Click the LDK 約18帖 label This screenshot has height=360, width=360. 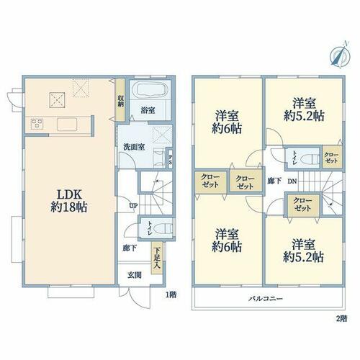point(69,201)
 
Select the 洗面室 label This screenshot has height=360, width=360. point(134,147)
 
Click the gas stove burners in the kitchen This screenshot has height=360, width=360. point(37,124)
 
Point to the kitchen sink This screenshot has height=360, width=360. point(67,125)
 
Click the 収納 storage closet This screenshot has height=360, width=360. point(120,99)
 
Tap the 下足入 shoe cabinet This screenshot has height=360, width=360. point(157,258)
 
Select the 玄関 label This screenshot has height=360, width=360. point(134,275)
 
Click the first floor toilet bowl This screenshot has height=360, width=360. point(163,229)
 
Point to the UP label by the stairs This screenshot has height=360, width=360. point(133,205)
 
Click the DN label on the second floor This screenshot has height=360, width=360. point(292,181)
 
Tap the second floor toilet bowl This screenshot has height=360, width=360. point(310,159)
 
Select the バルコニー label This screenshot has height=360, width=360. point(266,299)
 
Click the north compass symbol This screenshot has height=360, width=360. point(340,55)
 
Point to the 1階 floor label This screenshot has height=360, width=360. point(171,294)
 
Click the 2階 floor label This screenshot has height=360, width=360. point(341,319)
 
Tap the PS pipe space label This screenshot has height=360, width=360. point(171,159)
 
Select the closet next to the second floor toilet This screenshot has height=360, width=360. point(331,157)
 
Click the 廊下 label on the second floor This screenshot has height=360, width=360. point(274,181)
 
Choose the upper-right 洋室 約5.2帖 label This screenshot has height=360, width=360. point(304,110)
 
